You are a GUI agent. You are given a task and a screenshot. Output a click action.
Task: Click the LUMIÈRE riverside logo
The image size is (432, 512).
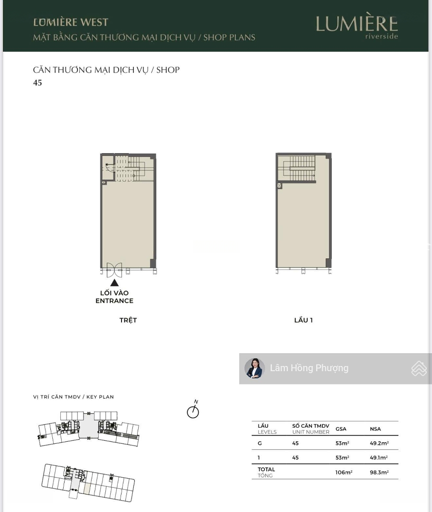point(357,26)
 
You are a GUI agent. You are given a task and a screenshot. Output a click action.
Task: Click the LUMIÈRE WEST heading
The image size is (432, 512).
point(71,22)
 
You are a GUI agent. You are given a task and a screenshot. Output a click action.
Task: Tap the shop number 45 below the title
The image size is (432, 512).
point(38,82)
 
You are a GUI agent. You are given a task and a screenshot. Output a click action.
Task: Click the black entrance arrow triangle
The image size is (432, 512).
point(114,283)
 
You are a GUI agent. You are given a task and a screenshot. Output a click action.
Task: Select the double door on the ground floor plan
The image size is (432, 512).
point(114,270)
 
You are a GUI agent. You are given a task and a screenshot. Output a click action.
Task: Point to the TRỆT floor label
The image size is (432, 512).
point(128,320)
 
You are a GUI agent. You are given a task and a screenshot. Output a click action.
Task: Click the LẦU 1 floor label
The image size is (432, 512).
point(303,320)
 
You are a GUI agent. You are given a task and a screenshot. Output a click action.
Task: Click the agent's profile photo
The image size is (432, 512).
point(255,368)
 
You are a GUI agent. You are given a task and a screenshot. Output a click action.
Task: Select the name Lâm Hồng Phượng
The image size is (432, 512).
point(309,368)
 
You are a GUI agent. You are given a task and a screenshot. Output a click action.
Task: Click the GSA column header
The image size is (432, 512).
point(341,429)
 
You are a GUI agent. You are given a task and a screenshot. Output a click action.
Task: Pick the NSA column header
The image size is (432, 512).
point(376,429)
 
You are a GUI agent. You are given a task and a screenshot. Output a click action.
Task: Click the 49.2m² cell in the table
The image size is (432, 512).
point(379,443)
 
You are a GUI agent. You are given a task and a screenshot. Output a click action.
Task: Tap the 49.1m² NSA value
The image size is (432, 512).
point(379,457)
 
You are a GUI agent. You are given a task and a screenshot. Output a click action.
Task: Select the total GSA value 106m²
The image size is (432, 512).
point(344,472)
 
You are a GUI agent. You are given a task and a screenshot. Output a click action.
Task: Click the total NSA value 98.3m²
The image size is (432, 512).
point(379,472)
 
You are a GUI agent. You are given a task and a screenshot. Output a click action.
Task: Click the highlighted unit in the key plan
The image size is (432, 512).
point(87,488)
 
